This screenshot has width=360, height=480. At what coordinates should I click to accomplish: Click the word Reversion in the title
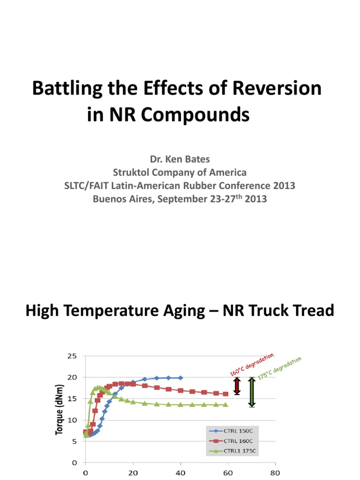pyautogui.click(x=274, y=89)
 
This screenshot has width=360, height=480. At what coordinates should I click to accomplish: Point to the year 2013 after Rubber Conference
pyautogui.click(x=280, y=186)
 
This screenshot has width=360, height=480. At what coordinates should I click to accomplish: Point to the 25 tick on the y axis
pyautogui.click(x=72, y=356)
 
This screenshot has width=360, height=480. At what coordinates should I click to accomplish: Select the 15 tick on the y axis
pyautogui.click(x=72, y=398)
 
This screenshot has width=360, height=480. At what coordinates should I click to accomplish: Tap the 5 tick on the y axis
pyautogui.click(x=75, y=441)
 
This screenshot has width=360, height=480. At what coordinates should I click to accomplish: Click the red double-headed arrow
pyautogui.click(x=237, y=386)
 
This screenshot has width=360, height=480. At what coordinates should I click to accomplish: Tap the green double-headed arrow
pyautogui.click(x=252, y=392)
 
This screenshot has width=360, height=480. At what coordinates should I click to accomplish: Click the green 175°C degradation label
pyautogui.click(x=279, y=368)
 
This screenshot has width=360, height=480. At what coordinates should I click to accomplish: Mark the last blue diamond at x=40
pyautogui.click(x=180, y=377)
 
